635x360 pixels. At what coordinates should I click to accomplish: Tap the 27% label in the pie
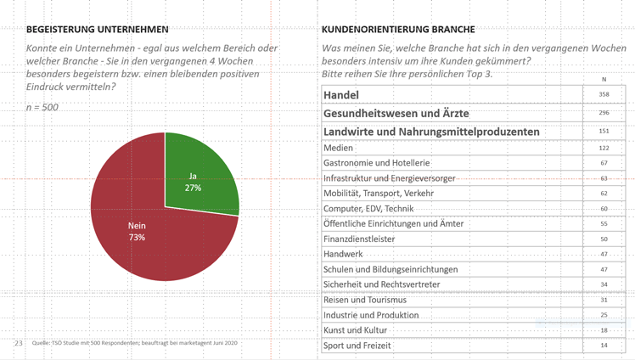(x=193, y=188)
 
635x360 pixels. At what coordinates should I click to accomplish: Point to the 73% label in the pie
(x=137, y=237)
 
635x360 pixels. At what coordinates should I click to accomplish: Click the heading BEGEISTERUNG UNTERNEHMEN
(x=98, y=30)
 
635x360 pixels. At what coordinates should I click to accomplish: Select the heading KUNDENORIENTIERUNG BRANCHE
(x=398, y=30)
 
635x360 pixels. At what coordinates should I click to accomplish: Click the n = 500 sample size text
(x=42, y=108)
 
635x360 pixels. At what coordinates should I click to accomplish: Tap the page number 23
(x=19, y=343)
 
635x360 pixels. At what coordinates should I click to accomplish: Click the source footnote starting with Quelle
(x=135, y=343)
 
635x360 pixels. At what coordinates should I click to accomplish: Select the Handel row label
(x=341, y=95)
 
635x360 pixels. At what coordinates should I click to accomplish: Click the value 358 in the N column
(x=604, y=94)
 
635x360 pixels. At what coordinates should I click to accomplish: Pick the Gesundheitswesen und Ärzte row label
(x=396, y=113)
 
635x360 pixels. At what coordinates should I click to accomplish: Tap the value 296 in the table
(x=604, y=113)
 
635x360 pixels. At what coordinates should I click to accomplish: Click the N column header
(x=604, y=79)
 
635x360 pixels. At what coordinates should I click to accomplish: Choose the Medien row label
(x=338, y=148)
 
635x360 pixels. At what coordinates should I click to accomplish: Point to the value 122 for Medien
(x=604, y=148)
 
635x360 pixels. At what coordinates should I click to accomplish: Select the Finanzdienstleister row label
(x=359, y=239)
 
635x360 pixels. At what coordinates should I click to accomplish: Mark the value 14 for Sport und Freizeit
(x=604, y=346)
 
